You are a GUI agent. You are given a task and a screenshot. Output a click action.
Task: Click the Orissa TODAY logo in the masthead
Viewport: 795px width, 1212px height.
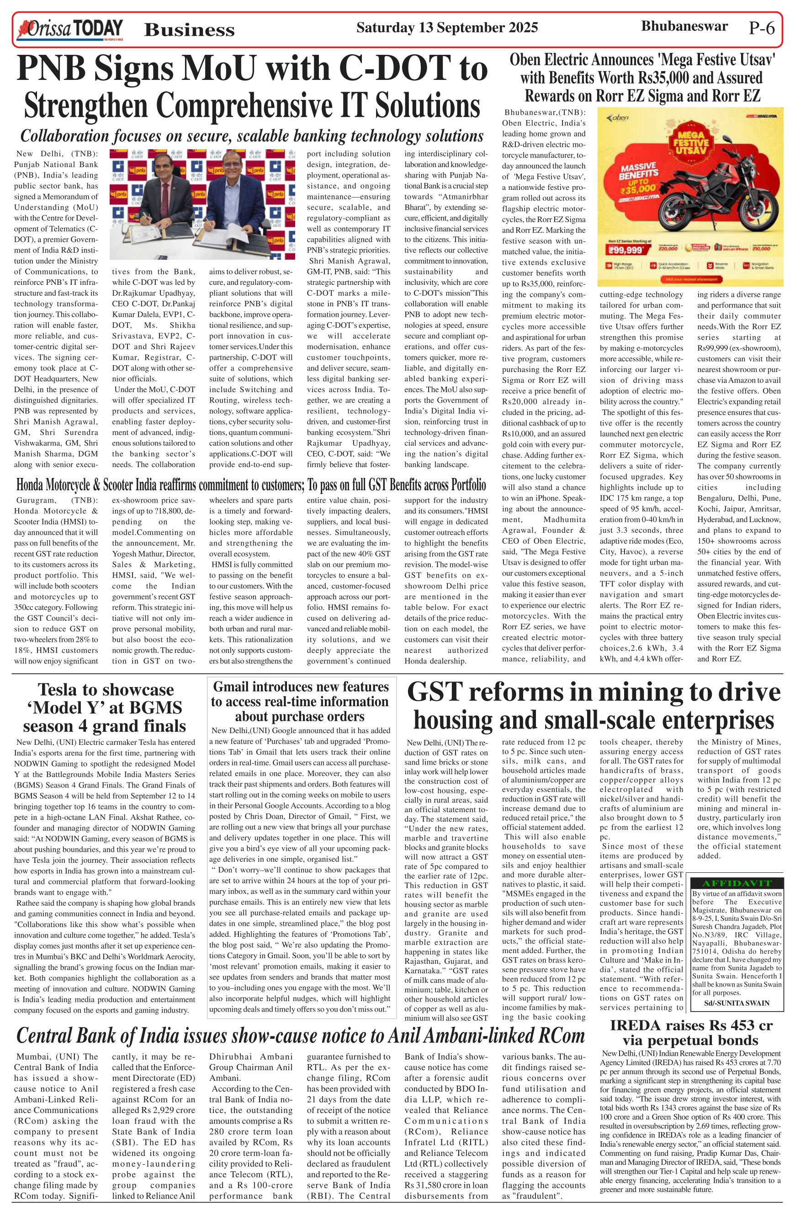(70, 29)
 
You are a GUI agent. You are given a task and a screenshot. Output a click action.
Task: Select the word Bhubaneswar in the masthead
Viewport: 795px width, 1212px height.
(684, 26)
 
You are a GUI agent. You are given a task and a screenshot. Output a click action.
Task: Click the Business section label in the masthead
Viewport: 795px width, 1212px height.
(189, 30)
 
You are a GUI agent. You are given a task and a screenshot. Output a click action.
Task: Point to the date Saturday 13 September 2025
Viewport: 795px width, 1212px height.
(446, 27)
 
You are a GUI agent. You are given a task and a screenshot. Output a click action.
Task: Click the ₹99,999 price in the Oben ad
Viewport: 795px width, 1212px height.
(625, 250)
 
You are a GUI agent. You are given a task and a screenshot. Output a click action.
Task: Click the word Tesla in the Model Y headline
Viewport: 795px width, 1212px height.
(63, 690)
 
